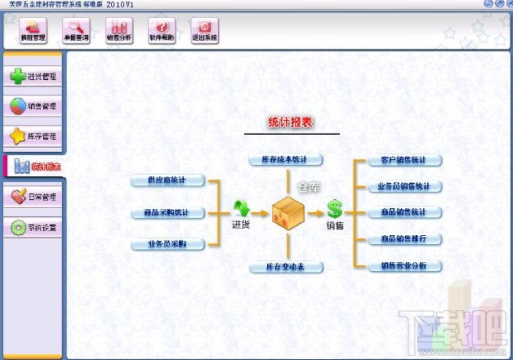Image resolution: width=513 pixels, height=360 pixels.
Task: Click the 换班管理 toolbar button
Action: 33,31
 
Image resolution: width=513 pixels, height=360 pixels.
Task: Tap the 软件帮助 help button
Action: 162,31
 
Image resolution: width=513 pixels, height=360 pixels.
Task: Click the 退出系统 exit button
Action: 204,31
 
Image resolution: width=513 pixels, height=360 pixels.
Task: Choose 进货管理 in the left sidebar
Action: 33,77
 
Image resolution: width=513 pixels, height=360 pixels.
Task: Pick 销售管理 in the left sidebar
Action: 33,106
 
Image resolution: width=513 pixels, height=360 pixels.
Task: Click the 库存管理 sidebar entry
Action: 33,136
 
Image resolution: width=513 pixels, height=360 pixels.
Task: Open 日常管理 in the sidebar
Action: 33,197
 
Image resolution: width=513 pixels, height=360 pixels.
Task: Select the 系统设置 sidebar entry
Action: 33,228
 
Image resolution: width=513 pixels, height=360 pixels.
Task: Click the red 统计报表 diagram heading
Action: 291,123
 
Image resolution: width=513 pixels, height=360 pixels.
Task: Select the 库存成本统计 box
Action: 286,159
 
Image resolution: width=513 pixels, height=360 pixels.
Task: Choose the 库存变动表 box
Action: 286,267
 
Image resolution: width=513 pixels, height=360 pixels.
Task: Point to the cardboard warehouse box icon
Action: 288,212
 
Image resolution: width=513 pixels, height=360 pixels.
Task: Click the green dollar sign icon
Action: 335,209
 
